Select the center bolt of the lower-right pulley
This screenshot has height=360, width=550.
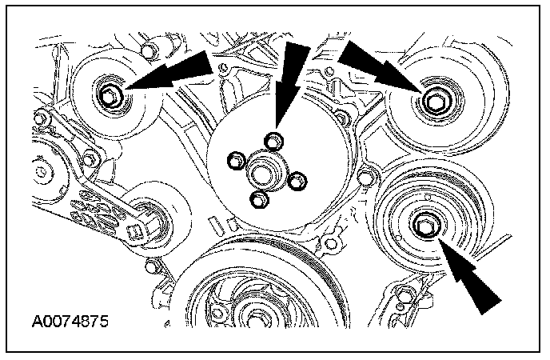pos(425,227)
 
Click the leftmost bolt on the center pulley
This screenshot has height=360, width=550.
pos(235,162)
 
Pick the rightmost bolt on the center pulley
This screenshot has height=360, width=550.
pos(297,182)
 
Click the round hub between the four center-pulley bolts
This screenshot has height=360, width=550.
pos(264,171)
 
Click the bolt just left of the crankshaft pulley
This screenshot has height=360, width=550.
pos(153,265)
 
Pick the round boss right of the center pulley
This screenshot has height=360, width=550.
pos(369,177)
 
